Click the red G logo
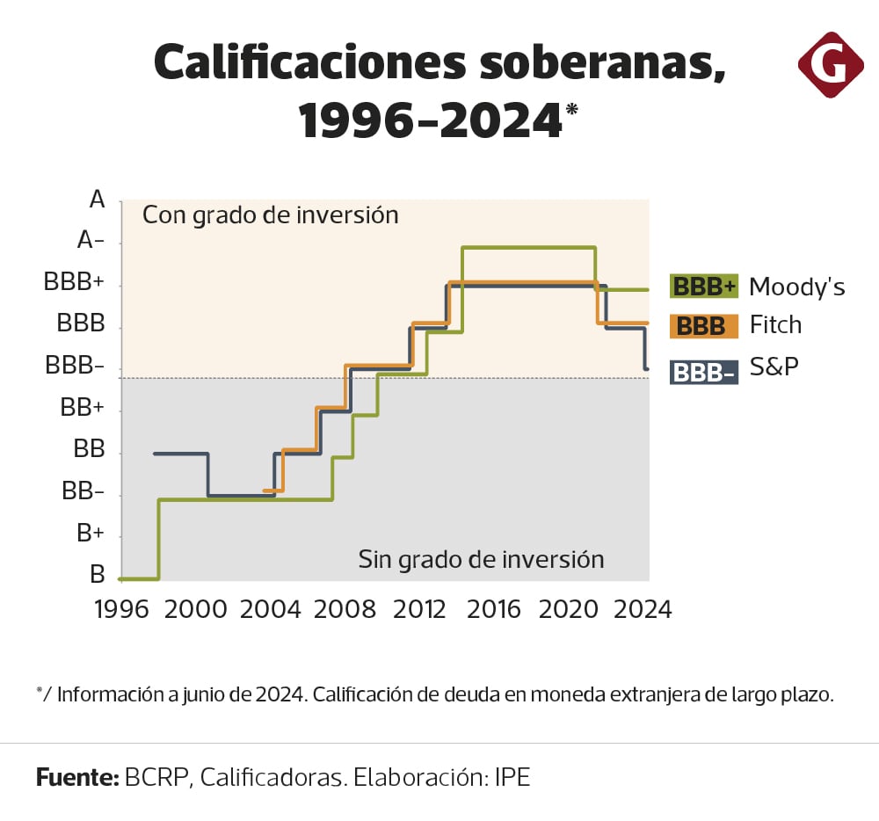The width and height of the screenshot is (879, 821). click(831, 64)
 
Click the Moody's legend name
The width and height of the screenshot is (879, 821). click(796, 287)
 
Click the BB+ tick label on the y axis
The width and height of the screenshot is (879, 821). click(82, 408)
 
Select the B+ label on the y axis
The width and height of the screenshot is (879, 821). click(91, 534)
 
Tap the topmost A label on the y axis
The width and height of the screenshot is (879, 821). click(97, 200)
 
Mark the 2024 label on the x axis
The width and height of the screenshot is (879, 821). click(643, 609)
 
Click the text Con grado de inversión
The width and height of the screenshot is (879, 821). click(271, 215)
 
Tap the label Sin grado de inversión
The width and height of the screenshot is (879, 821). click(481, 560)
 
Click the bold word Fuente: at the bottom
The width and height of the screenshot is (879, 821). click(77, 777)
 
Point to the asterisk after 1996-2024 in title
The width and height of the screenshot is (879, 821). click(572, 110)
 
